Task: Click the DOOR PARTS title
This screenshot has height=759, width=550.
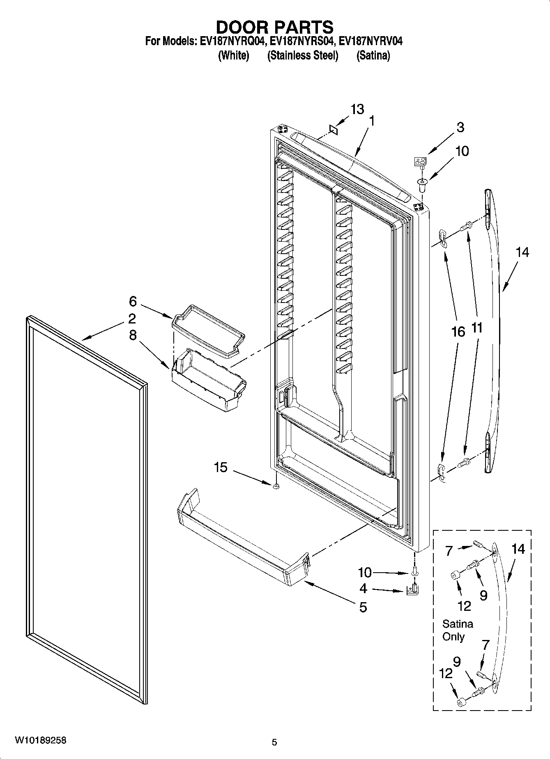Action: click(274, 27)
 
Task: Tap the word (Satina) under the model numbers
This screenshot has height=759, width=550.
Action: click(373, 55)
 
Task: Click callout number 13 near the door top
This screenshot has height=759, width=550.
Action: click(357, 110)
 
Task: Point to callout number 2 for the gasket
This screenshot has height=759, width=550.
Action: click(132, 319)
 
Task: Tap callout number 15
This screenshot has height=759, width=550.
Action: click(221, 467)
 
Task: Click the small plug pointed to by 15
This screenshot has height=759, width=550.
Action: click(276, 486)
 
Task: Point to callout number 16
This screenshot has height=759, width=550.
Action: click(458, 332)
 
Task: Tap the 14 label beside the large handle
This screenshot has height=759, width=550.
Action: click(522, 252)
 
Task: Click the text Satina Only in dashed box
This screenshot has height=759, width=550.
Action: click(457, 630)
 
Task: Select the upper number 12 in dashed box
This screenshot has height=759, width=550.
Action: click(464, 606)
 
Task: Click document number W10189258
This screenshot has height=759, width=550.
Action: click(40, 740)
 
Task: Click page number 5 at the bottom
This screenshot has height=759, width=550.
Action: click(274, 742)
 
